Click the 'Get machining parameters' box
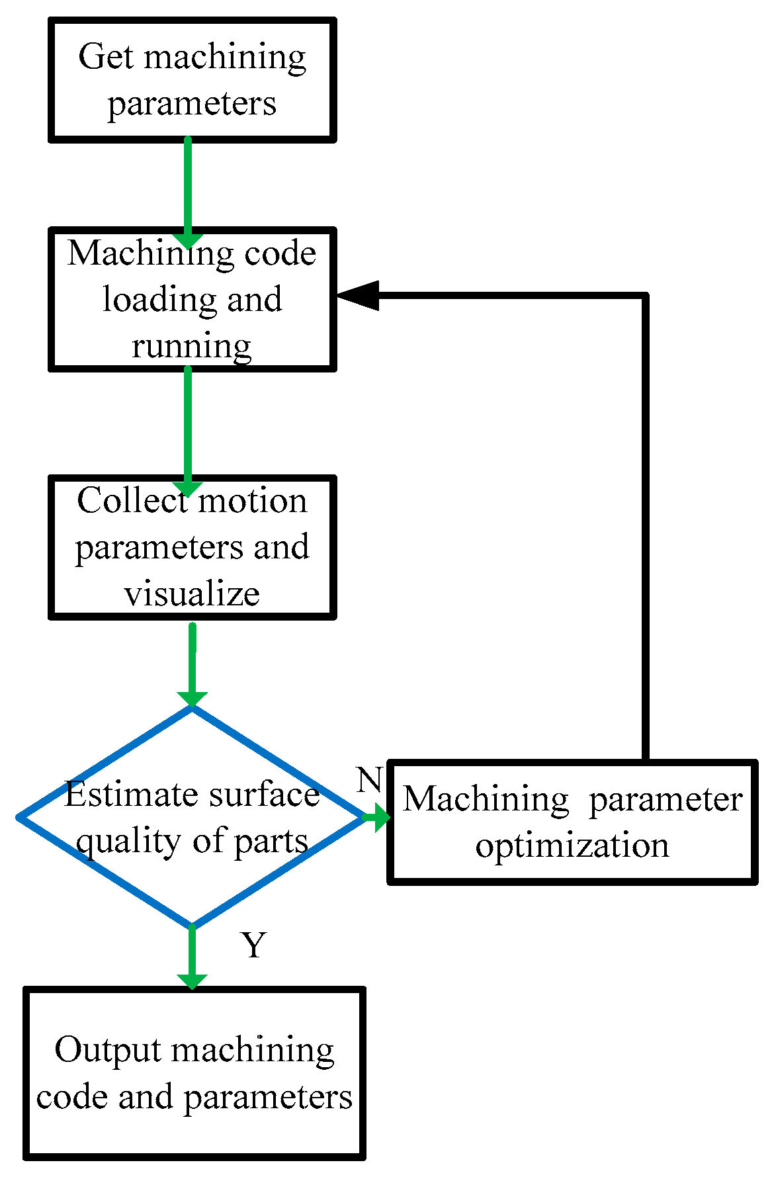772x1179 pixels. [192, 79]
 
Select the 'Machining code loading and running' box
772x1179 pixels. [192, 299]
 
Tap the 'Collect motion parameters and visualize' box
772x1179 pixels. [192, 546]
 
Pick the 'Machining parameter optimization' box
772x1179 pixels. [572, 822]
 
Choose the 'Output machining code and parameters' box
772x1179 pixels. [194, 1073]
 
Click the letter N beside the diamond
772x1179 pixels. [369, 780]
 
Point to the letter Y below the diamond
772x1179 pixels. [253, 945]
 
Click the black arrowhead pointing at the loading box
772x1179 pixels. [358, 295]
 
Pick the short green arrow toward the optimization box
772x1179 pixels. [377, 818]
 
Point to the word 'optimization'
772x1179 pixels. [572, 846]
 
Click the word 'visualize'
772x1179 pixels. [192, 593]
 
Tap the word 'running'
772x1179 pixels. [192, 346]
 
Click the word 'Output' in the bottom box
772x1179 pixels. [108, 1051]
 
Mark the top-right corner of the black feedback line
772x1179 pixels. [645, 295]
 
